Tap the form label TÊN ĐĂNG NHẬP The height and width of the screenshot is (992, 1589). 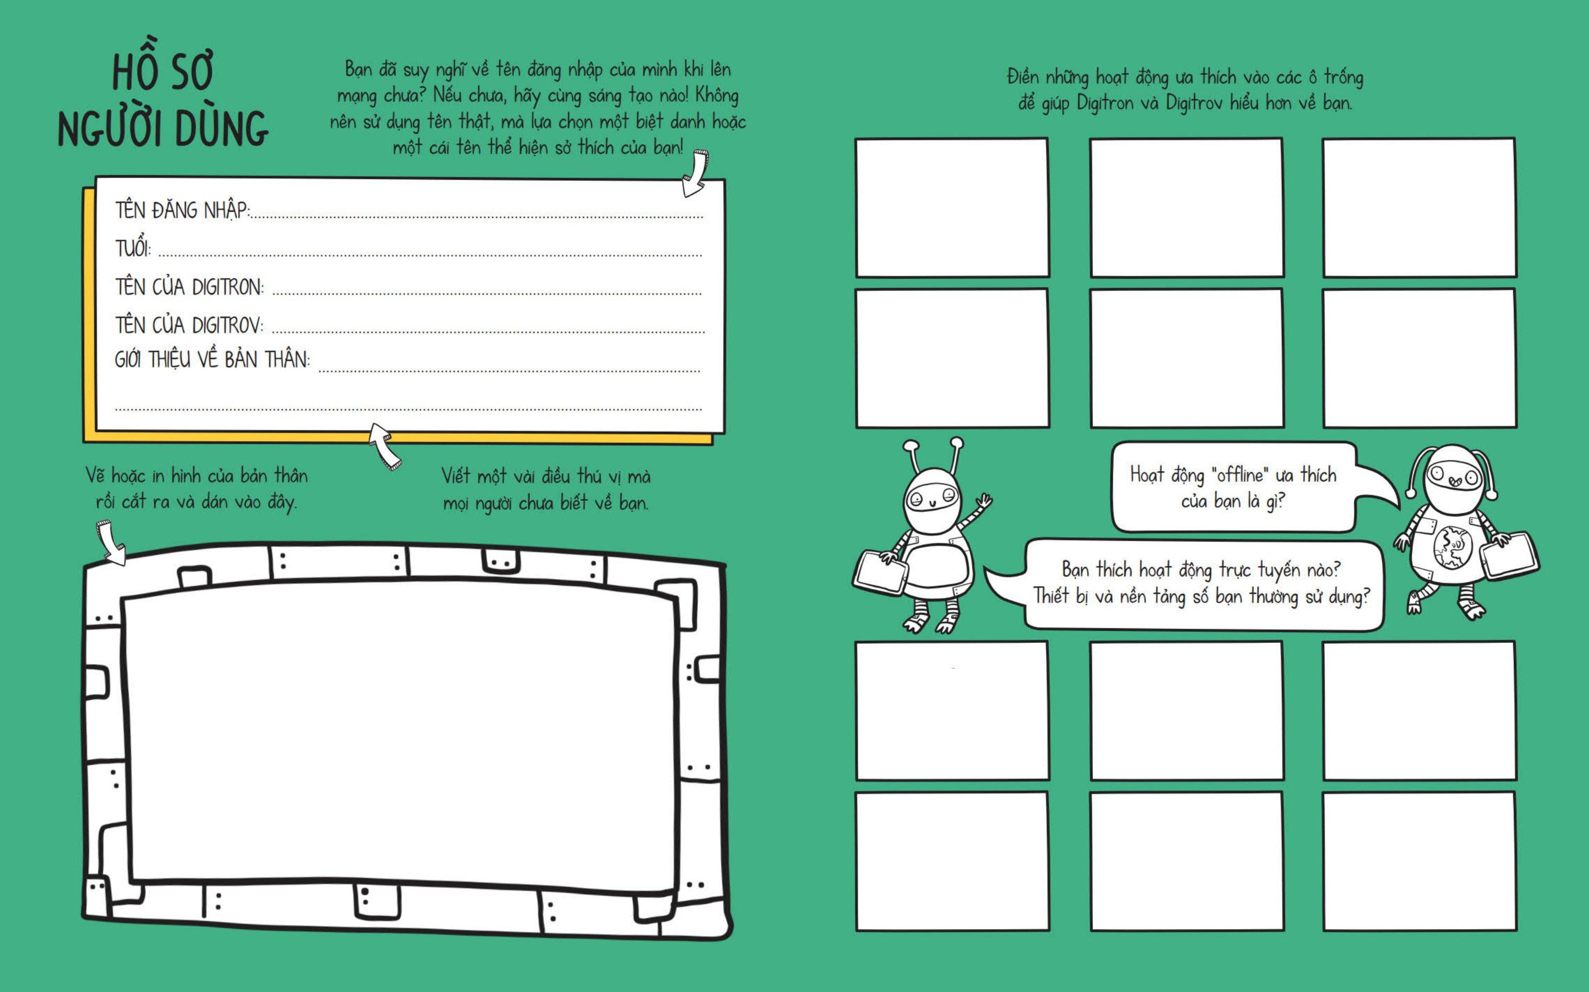[x=182, y=211]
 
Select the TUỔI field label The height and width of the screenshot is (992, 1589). [x=133, y=249]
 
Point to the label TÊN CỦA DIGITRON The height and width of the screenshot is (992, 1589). [x=190, y=287]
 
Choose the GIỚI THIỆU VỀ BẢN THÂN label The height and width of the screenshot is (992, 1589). [x=212, y=360]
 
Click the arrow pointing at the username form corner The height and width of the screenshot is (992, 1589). [x=695, y=173]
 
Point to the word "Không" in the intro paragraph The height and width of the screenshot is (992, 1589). [x=717, y=96]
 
